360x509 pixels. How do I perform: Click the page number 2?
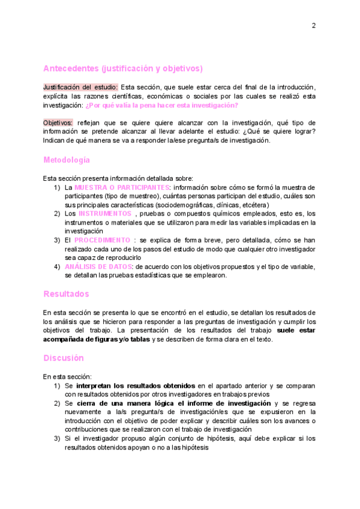point(313,25)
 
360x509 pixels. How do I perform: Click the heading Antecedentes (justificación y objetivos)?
point(123,68)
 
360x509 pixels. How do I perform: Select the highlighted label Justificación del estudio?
point(80,87)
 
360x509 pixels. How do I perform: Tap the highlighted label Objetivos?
point(58,122)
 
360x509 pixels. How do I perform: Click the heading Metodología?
point(67,160)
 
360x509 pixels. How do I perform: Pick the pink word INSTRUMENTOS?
point(105,213)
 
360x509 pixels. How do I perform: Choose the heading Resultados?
point(66,294)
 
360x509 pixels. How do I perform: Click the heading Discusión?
point(64,358)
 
